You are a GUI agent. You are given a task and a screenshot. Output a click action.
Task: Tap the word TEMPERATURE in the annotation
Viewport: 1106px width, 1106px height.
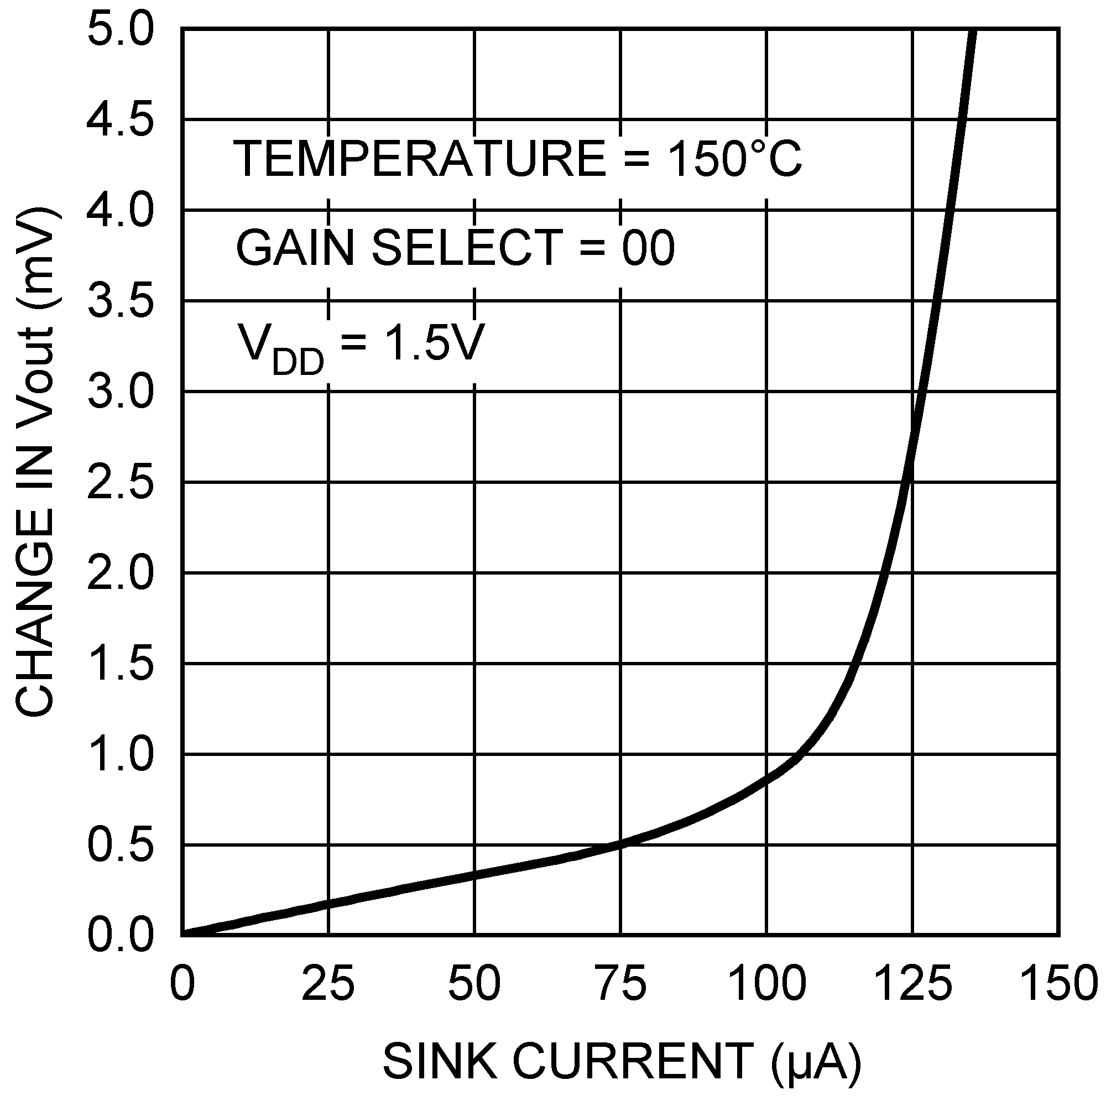click(x=420, y=159)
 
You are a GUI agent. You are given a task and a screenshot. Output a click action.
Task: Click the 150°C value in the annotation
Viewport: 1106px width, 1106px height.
click(x=734, y=159)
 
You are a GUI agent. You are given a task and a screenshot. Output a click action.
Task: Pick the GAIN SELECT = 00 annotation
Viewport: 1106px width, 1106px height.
click(x=455, y=248)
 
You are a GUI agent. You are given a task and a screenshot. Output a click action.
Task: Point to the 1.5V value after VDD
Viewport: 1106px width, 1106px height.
click(x=434, y=342)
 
